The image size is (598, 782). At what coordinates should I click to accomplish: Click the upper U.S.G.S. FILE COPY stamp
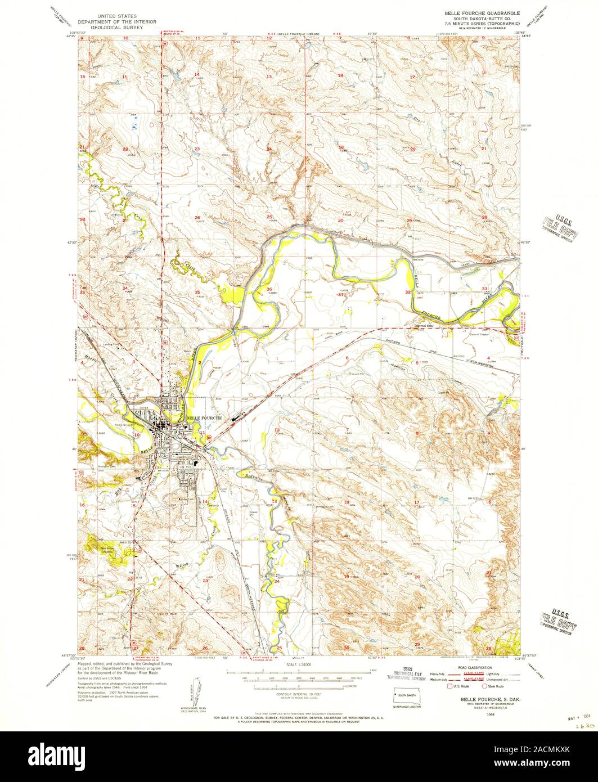[x=560, y=227]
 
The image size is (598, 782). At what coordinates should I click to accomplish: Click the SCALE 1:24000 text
[x=298, y=665]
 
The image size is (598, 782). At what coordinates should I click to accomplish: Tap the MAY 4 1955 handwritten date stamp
[x=573, y=717]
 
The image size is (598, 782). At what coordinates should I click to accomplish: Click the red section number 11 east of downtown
[x=201, y=432]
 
